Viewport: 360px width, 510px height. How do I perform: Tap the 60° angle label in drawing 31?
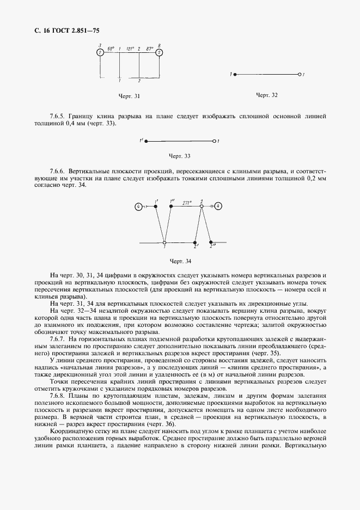tap(111, 49)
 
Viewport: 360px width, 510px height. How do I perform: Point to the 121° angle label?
tap(130, 49)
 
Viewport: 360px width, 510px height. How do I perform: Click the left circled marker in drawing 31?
tap(100, 53)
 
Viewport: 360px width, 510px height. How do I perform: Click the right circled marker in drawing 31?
tap(158, 53)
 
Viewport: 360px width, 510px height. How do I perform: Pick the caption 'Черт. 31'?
tap(129, 96)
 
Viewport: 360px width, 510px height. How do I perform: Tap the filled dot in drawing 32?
tap(235, 74)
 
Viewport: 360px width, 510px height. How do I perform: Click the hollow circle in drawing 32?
tap(299, 74)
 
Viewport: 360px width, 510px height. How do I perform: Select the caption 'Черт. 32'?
tap(266, 95)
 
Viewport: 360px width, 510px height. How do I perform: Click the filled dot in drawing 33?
tap(147, 141)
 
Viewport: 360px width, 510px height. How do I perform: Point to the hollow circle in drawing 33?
tap(213, 141)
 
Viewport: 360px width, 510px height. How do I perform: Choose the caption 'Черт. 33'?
tap(179, 156)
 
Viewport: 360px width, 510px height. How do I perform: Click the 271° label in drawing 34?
tap(188, 201)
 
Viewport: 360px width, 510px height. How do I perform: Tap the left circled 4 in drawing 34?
tap(139, 207)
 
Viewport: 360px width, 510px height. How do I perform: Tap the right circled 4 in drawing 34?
tap(218, 206)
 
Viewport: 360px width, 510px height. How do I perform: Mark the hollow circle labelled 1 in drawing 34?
tap(164, 242)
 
